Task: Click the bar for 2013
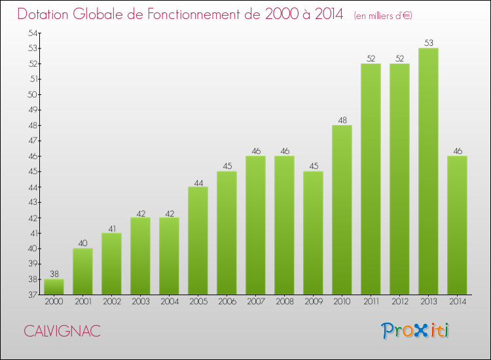tap(428, 171)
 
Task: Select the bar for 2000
tap(54, 287)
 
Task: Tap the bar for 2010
tap(342, 209)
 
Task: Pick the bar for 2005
tap(198, 241)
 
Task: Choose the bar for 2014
tap(457, 225)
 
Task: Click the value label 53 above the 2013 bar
tap(428, 43)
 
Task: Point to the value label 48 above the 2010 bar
tap(342, 120)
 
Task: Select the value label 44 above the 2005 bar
tap(198, 182)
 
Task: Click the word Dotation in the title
tap(45, 14)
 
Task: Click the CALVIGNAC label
tap(63, 331)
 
